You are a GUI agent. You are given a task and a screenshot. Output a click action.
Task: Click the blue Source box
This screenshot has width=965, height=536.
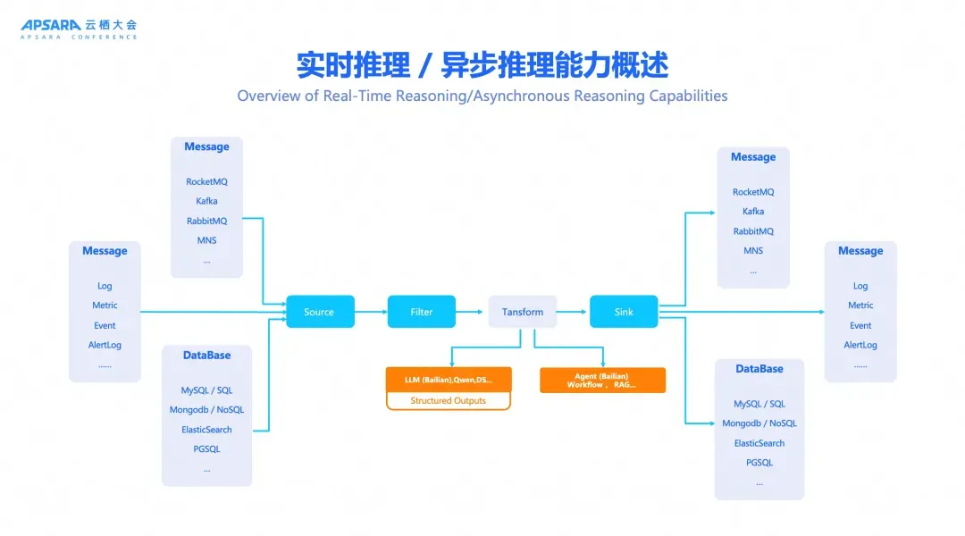pos(320,312)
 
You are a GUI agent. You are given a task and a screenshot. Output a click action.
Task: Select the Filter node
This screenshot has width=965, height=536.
pos(421,312)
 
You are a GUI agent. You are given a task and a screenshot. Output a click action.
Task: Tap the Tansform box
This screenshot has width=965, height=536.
pos(523,312)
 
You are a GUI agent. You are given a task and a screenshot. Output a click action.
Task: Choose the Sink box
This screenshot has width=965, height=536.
pos(624,312)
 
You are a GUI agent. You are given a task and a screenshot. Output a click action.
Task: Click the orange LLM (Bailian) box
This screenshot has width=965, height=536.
pos(449,380)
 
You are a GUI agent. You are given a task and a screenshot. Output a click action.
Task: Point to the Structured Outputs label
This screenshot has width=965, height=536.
pos(449,401)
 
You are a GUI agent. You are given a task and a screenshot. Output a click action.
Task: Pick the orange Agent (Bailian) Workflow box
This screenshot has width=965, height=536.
pos(602,380)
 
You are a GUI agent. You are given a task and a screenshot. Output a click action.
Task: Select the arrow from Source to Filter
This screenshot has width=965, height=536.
pos(371,312)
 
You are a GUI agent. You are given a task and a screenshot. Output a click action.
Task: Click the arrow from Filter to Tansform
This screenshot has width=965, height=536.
pos(472,312)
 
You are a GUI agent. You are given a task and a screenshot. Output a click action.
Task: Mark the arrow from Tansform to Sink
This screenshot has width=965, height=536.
pos(573,312)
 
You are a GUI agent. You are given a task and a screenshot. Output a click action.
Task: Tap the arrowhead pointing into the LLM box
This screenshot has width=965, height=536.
pos(452,362)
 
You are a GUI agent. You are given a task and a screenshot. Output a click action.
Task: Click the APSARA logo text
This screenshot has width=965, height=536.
pos(53,25)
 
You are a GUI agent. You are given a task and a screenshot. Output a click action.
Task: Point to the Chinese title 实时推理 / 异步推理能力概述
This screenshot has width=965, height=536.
pos(482,65)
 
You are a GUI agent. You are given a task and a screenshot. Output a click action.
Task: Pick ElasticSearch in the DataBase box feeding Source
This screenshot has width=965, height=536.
pos(206,430)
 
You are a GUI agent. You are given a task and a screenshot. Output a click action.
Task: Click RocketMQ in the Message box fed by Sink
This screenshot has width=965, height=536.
pos(753,192)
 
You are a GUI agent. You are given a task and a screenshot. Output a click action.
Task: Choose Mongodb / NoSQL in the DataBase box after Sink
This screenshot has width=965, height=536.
pos(759,423)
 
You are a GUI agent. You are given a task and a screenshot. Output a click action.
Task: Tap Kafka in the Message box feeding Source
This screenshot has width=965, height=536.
pos(206,201)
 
